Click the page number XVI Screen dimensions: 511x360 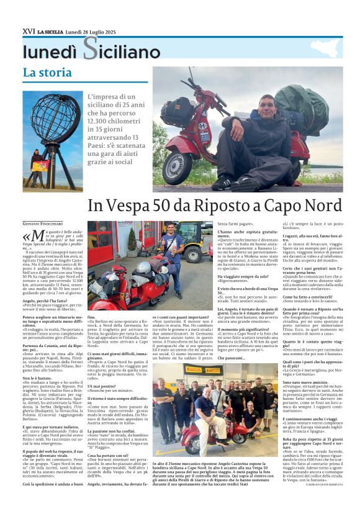pos(28,31)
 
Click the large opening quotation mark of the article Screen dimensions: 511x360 pos(26,237)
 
